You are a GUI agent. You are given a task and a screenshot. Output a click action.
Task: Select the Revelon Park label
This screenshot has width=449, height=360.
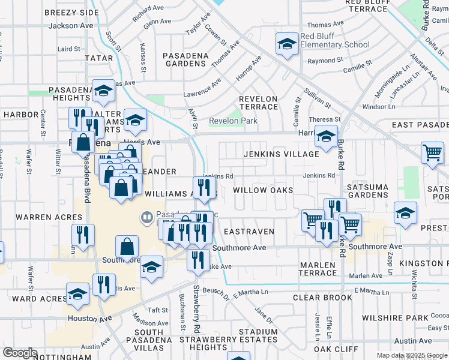pyautogui.click(x=232, y=121)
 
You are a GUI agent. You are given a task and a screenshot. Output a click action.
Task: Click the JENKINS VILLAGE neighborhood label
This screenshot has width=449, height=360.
pyautogui.click(x=281, y=154)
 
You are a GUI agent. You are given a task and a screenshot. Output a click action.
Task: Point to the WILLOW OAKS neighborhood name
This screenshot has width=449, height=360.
pyautogui.click(x=263, y=190)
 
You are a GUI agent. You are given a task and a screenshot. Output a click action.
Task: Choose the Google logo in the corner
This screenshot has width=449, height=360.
pyautogui.click(x=19, y=353)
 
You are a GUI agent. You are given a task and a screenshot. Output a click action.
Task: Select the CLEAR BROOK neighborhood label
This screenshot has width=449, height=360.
pyautogui.click(x=322, y=298)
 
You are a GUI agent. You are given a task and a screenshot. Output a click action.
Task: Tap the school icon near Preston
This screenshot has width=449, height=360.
pyautogui.click(x=405, y=214)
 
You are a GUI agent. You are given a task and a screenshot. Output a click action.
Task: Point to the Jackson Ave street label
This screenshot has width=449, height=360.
pyautogui.click(x=71, y=26)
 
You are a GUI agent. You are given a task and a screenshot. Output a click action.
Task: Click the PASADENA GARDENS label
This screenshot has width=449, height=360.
pyautogui.click(x=185, y=59)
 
